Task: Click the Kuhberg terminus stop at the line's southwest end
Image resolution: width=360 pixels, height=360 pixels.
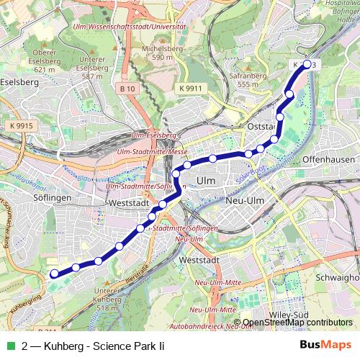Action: pos(53,274)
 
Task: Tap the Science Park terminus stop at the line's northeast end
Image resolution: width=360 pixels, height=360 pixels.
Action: pos(307,64)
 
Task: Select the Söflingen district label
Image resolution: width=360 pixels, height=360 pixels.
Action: pos(51,196)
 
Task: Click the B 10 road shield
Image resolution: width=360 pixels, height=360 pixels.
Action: pos(128,88)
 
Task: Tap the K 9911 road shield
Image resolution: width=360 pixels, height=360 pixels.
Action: pos(190,88)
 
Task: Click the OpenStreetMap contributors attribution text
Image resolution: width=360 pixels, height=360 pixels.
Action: pos(297,323)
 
